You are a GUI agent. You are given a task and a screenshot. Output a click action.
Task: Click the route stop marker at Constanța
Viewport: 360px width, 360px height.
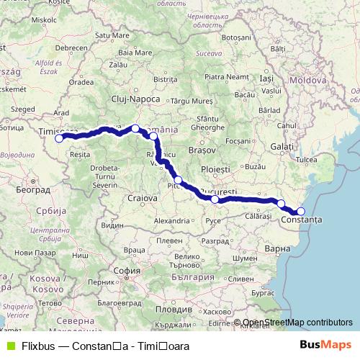(x=301, y=211)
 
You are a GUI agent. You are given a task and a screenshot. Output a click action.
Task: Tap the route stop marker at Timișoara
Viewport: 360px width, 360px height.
(x=59, y=139)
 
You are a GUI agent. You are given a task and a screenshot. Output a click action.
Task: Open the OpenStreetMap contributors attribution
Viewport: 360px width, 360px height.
(x=297, y=323)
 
